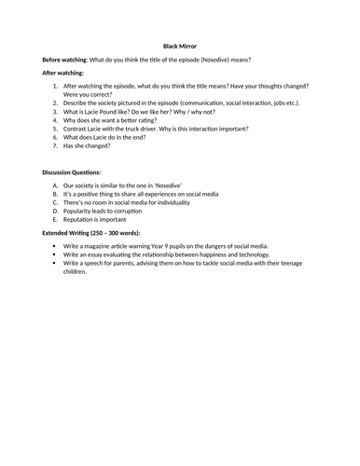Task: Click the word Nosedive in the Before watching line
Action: click(243, 58)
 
